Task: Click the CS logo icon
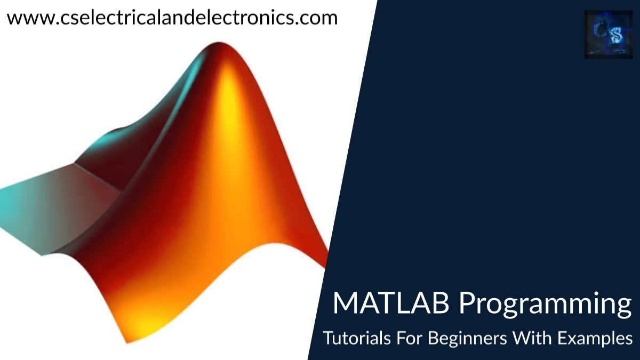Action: click(607, 34)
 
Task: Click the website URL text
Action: click(172, 18)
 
